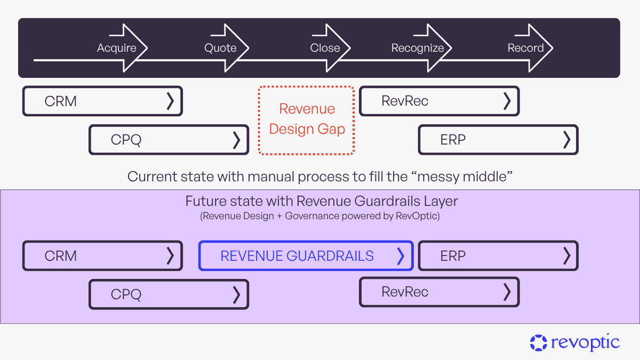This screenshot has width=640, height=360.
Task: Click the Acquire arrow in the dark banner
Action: [117, 48]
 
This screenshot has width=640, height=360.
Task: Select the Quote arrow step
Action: [220, 48]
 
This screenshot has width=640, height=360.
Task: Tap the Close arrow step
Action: [325, 48]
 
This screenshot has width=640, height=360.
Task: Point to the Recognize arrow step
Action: [418, 48]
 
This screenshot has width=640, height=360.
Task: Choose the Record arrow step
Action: [525, 48]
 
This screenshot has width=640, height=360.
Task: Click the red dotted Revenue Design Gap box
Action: [307, 119]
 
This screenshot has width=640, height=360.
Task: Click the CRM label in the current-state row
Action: [61, 101]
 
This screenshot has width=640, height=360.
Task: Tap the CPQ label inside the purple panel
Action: [126, 294]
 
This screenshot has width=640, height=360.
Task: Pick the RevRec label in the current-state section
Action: [405, 101]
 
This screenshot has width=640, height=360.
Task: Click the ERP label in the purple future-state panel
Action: [453, 256]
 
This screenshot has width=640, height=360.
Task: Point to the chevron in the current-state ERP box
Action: [566, 140]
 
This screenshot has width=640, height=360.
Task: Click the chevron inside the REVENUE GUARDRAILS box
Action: [401, 256]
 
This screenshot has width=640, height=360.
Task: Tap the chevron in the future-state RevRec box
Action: [507, 292]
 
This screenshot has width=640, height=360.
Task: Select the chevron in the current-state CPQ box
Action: [237, 140]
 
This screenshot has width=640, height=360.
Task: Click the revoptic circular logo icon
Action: [539, 342]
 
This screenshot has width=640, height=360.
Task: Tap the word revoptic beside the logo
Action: [586, 342]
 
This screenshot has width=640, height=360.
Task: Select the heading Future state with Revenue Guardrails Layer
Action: [321, 201]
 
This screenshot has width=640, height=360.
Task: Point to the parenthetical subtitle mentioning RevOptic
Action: [321, 216]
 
